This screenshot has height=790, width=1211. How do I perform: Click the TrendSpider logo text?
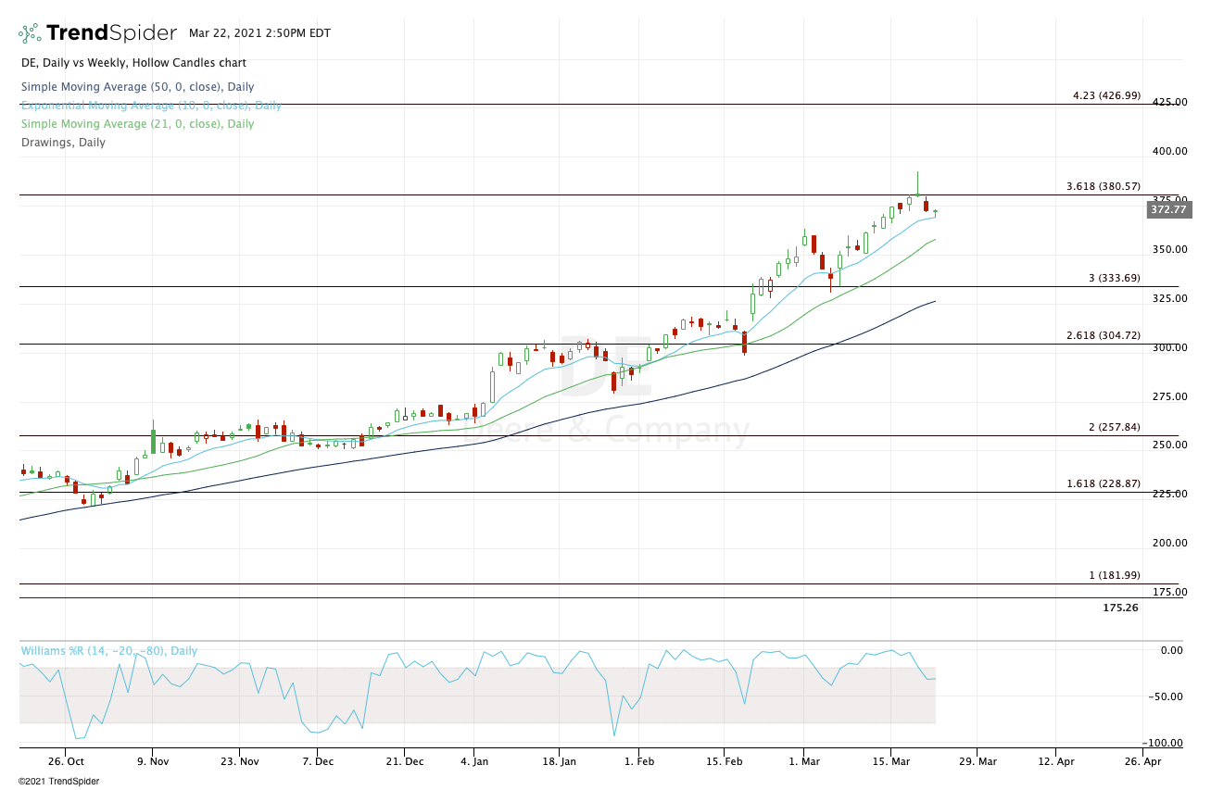[110, 33]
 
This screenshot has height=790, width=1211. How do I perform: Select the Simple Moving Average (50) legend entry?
[137, 87]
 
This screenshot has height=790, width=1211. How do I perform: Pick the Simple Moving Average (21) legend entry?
[137, 124]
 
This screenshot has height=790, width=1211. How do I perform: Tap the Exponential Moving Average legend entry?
[151, 106]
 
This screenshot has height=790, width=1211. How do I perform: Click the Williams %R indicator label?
[109, 651]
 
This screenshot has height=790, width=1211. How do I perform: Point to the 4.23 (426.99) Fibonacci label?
[1106, 95]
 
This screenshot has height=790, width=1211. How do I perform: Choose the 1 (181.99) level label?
[1115, 575]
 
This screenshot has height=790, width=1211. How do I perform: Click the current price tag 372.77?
[1168, 209]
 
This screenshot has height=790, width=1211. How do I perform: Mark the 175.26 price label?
[1120, 608]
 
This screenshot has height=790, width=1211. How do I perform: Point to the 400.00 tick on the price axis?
[1168, 151]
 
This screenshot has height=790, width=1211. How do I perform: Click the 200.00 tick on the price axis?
[1168, 543]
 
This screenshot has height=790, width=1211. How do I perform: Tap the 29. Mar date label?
[976, 762]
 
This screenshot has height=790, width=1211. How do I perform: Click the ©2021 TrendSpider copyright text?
[57, 781]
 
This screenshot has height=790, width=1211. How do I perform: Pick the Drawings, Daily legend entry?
[63, 143]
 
